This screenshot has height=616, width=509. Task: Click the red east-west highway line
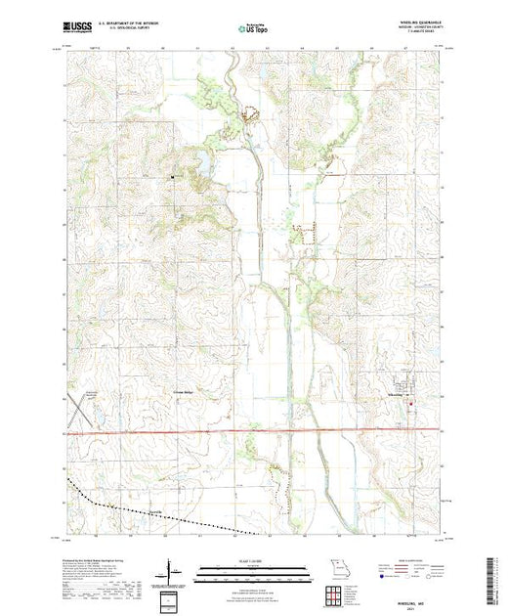tap(254, 431)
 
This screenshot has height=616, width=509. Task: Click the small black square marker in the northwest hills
tap(173, 177)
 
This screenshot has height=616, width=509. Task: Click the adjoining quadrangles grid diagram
tap(338, 595)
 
